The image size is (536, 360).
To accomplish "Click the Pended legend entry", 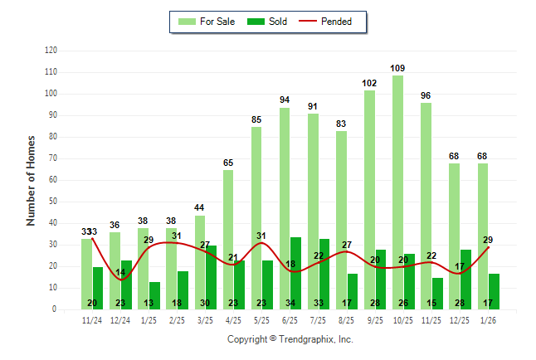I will click(331, 22).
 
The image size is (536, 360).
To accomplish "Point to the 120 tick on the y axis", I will click(51, 51).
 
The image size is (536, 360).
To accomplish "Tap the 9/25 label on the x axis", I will click(375, 321).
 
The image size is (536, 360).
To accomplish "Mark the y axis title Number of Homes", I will click(32, 180).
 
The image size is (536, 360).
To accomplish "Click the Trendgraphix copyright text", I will click(290, 339).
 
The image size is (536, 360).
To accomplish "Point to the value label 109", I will click(398, 68).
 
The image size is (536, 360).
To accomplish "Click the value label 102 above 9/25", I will click(370, 83).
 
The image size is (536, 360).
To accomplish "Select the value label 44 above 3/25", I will click(200, 207).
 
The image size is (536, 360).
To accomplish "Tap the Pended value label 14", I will click(120, 273).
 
